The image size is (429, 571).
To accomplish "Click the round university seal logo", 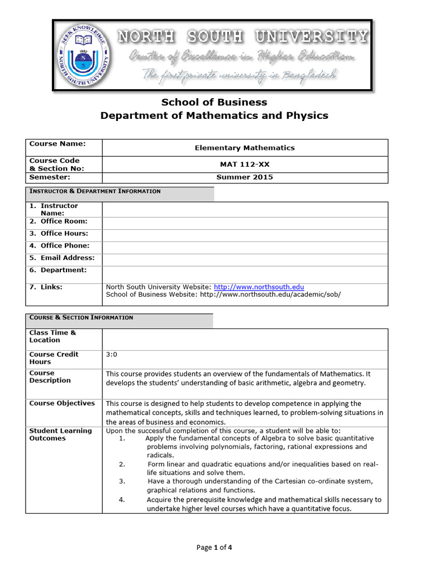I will pyautogui.click(x=85, y=55).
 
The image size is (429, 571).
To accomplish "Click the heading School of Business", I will pyautogui.click(x=214, y=102).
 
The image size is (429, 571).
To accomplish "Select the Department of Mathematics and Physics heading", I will pyautogui.click(x=214, y=115).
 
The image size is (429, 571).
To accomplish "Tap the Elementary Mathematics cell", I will pyautogui.click(x=245, y=148).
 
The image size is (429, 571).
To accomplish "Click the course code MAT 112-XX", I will pyautogui.click(x=245, y=164).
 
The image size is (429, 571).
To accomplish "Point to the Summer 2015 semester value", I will pyautogui.click(x=245, y=177).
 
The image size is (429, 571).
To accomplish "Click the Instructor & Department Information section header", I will pyautogui.click(x=95, y=191).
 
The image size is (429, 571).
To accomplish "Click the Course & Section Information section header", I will pyautogui.click(x=82, y=318).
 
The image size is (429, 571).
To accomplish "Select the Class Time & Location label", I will pyautogui.click(x=53, y=336).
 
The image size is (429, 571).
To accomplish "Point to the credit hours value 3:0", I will pyautogui.click(x=112, y=355).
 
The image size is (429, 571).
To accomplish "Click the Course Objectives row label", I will pyautogui.click(x=62, y=403).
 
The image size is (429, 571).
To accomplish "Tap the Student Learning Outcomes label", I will pyautogui.click(x=60, y=434).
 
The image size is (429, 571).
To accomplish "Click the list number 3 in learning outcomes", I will pyautogui.click(x=122, y=481).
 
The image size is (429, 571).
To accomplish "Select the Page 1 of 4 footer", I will pyautogui.click(x=214, y=548).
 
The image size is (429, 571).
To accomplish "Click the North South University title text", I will pyautogui.click(x=243, y=37).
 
